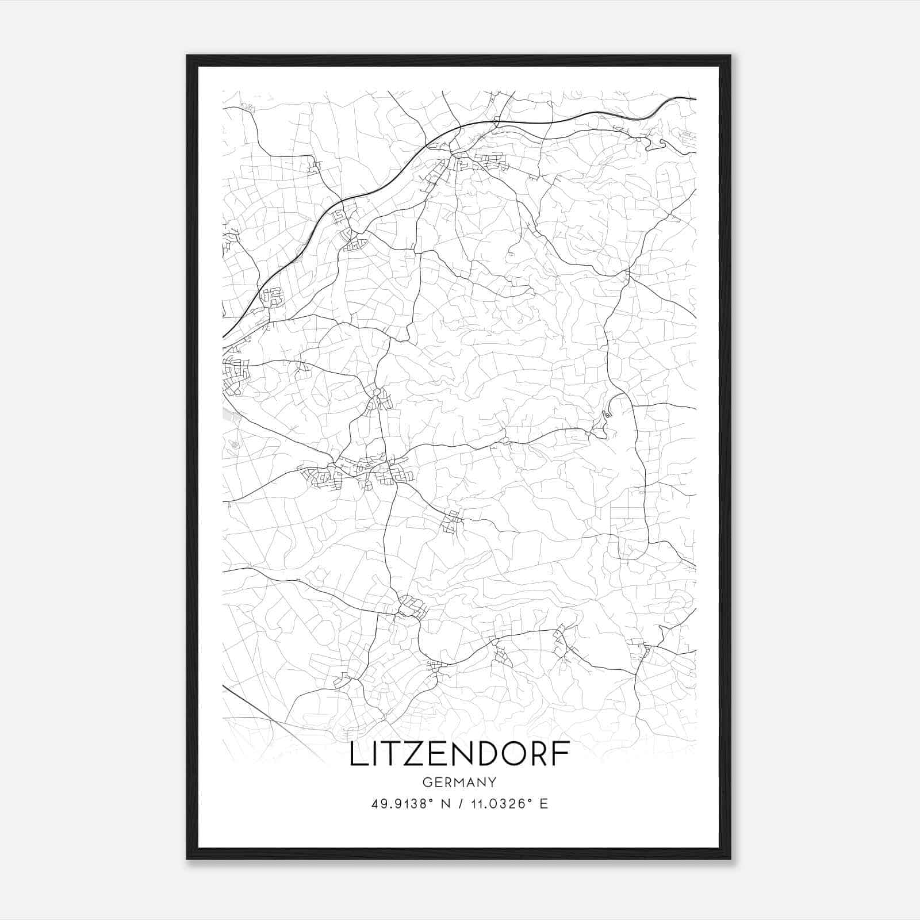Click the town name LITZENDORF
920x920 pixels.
(459, 754)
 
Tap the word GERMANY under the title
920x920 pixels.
(459, 783)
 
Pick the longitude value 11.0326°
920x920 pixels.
(496, 803)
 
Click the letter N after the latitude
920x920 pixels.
(446, 804)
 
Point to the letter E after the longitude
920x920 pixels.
(543, 804)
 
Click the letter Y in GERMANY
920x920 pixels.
(492, 783)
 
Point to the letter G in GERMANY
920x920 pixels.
(427, 783)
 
